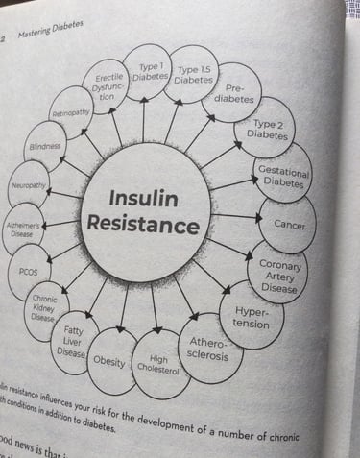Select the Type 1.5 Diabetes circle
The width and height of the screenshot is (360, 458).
195,75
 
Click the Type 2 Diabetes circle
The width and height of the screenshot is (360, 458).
266,129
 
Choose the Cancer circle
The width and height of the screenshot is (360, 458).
288,224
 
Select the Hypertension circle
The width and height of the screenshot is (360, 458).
251,317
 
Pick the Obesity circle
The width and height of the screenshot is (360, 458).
109,361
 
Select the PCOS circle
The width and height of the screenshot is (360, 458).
29,270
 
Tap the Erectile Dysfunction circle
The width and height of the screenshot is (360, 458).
107,87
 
